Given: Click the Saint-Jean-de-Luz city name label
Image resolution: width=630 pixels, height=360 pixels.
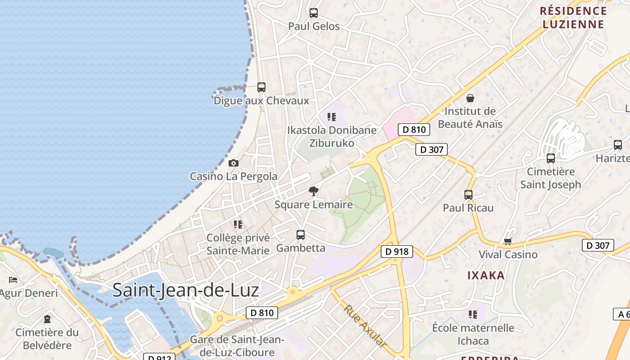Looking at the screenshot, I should [185, 290].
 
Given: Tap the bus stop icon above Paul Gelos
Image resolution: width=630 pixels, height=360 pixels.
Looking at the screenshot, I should [314, 13].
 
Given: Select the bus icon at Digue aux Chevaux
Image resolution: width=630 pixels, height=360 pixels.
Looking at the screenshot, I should [261, 87].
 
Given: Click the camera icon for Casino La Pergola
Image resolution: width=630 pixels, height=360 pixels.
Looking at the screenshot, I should [233, 163].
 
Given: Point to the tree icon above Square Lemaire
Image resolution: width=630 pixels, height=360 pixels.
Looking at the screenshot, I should [314, 191].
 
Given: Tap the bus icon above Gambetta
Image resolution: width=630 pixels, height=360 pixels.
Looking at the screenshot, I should [301, 234].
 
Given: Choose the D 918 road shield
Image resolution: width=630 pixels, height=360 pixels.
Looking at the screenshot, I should [397, 251].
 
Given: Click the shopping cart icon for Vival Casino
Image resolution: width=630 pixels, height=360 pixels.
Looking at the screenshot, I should [508, 242].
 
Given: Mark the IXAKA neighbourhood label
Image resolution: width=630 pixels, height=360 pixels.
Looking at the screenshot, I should [486, 275].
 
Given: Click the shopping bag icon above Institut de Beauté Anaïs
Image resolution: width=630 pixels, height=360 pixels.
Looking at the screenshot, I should [470, 98].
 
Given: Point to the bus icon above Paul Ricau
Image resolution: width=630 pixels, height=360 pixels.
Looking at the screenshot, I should [468, 195].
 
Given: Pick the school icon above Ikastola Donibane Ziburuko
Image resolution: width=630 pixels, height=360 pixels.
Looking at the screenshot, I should [332, 117].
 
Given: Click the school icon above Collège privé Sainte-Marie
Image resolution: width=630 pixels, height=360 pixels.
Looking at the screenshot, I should [238, 224].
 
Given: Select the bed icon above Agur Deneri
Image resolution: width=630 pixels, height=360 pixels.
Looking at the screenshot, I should [13, 280].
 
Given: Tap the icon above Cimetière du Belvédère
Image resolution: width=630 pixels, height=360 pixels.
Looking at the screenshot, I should [47, 319].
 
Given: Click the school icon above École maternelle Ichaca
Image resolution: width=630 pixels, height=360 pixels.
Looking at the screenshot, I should [473, 314].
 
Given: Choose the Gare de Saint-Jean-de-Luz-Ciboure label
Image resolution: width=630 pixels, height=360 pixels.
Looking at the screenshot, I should [237, 346].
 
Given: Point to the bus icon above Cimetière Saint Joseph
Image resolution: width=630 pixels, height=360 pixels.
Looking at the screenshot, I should [551, 158].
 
